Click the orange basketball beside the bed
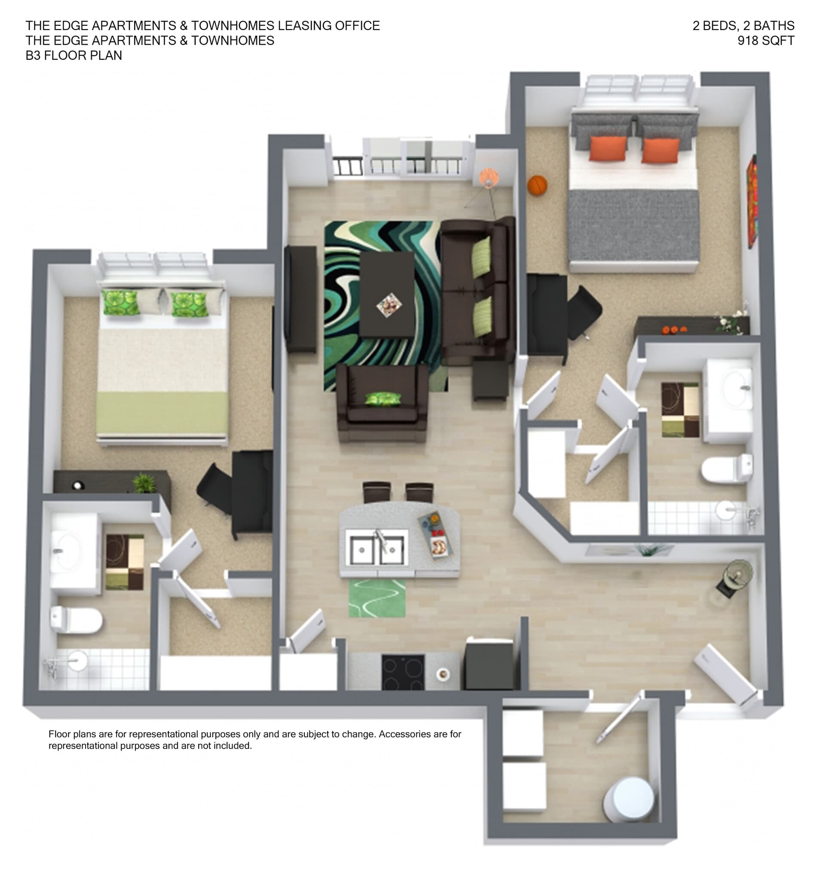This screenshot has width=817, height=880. click(537, 185)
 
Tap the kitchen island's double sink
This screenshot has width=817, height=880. click(376, 550)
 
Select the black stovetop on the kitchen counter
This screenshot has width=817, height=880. click(403, 672)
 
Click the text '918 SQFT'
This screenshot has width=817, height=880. click(765, 41)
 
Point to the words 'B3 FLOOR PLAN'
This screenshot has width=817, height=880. click(74, 56)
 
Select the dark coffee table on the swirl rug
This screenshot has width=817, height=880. click(387, 294)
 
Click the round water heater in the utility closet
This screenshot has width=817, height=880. click(629, 799)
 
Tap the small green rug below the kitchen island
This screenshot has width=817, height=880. click(377, 598)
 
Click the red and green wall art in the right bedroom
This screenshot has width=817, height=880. click(752, 202)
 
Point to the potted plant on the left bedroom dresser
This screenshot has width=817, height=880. click(144, 483)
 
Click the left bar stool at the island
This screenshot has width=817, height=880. click(376, 491)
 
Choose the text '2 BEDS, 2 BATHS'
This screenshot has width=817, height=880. click(743, 26)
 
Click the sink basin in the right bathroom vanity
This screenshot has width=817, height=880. click(735, 388)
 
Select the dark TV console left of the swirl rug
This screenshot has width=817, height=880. click(301, 299)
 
